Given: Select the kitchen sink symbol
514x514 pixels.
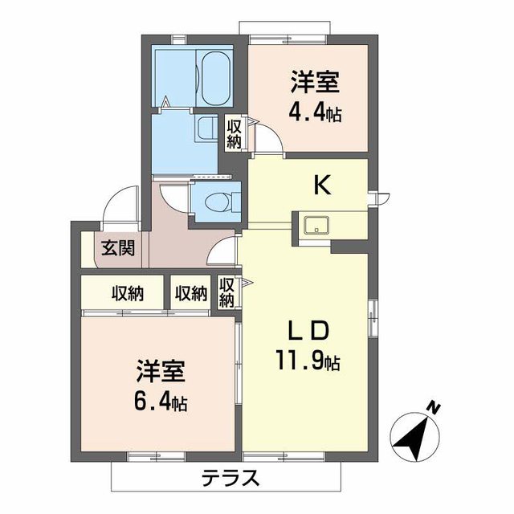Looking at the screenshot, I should coord(316,225).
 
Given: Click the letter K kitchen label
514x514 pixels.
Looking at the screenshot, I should coord(321,186).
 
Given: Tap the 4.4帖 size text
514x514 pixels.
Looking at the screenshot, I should coord(315,113).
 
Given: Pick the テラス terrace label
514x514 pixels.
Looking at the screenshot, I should coord(229,479).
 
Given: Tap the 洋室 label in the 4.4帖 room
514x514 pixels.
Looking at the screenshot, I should coord(314,81).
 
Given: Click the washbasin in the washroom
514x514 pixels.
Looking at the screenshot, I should coord(206,128).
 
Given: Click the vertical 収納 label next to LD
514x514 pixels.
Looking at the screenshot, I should coord(226,293).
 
